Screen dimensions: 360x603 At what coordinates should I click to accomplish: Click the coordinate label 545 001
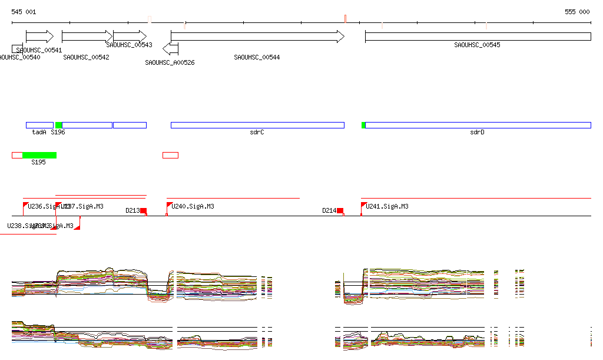click(x=24, y=12)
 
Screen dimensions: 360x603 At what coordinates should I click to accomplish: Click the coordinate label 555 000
click(x=577, y=12)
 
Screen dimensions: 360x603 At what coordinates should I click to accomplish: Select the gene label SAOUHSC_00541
click(x=39, y=50)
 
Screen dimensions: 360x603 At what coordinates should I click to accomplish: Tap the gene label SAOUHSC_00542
click(x=86, y=57)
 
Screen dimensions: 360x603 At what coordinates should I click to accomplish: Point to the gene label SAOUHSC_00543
click(x=129, y=45)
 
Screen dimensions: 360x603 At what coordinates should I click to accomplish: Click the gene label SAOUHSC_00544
click(x=257, y=57)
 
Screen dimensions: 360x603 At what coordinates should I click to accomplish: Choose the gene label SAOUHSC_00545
click(x=477, y=45)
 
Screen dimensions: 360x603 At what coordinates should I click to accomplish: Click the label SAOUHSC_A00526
click(x=170, y=62)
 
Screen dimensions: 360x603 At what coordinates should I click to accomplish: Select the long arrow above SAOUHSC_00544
click(x=257, y=36)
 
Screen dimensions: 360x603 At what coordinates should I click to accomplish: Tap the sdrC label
click(x=257, y=132)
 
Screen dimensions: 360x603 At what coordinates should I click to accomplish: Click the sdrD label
click(x=477, y=132)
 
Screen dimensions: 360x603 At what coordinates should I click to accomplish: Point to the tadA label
click(x=39, y=132)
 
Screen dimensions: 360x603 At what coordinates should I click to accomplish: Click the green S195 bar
click(x=39, y=155)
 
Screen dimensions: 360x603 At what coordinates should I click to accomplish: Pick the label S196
click(x=58, y=132)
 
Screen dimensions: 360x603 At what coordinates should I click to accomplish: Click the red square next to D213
click(x=143, y=210)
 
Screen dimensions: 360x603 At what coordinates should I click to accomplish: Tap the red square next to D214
click(x=340, y=210)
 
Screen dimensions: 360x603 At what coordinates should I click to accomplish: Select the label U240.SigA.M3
click(x=192, y=206)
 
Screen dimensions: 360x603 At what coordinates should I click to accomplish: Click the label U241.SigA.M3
click(x=387, y=206)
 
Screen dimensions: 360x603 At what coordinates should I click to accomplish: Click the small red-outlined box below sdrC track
click(x=170, y=155)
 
